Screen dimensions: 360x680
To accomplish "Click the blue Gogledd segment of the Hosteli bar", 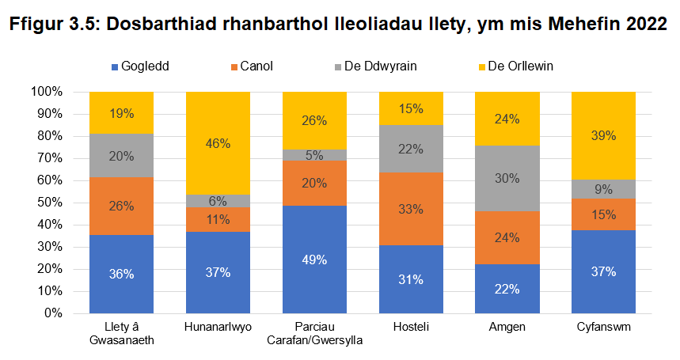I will pyautogui.click(x=411, y=279).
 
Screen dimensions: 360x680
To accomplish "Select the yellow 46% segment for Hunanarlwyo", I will pyautogui.click(x=218, y=143).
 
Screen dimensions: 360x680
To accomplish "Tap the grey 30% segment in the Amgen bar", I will pyautogui.click(x=507, y=179).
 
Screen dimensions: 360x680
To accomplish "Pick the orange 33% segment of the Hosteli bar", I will pyautogui.click(x=411, y=209).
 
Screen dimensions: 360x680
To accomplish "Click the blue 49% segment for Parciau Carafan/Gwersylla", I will pyautogui.click(x=314, y=259).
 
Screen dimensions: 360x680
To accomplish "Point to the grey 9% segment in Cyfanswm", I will pyautogui.click(x=604, y=189).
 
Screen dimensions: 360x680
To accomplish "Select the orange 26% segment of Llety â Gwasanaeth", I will pyautogui.click(x=121, y=206).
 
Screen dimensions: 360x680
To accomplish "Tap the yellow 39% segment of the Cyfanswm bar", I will pyautogui.click(x=604, y=136).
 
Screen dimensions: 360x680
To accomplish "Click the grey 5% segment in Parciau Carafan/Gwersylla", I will pyautogui.click(x=314, y=155).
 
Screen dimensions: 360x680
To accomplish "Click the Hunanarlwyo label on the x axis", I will pyautogui.click(x=218, y=327).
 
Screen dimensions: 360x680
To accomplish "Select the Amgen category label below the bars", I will pyautogui.click(x=507, y=327).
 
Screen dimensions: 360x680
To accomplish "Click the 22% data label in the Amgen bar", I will pyautogui.click(x=507, y=289).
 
